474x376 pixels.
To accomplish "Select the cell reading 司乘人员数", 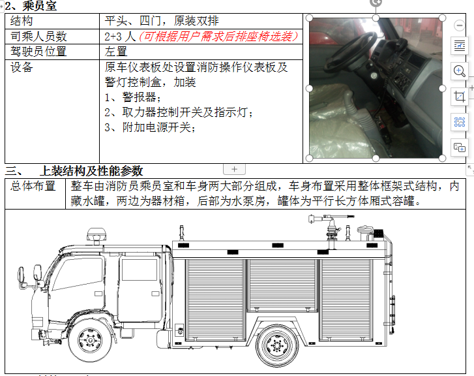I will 38,37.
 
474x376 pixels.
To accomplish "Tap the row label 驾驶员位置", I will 38,52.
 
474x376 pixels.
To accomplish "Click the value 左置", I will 116,52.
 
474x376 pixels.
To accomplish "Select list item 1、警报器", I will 132,97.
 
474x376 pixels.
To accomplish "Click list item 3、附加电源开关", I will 150,127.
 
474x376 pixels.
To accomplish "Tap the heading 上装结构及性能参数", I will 91,171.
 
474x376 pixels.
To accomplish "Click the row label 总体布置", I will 33,186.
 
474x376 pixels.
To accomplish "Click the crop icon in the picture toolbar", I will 459,96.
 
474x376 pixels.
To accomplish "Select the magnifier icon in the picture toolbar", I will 459,70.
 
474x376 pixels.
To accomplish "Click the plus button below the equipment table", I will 235,169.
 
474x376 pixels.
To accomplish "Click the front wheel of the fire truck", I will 91,341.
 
